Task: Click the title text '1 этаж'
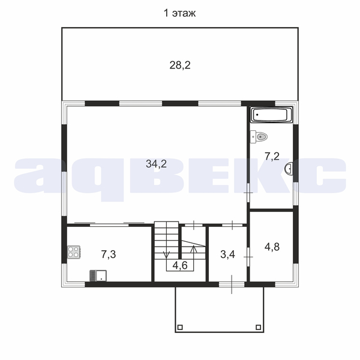[179, 13]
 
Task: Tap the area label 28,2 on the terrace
[180, 65]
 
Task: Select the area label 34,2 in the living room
[157, 164]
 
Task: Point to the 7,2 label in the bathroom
[272, 157]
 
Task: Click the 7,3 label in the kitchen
[109, 254]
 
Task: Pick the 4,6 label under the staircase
[180, 266]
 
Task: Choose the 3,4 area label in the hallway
[228, 254]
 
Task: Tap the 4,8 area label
[272, 247]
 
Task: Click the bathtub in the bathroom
[272, 115]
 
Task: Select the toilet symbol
[259, 137]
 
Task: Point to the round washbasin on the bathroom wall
[289, 169]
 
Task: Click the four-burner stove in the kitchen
[74, 252]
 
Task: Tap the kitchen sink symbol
[98, 275]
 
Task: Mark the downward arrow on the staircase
[166, 254]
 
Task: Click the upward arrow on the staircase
[194, 249]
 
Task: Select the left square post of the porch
[180, 327]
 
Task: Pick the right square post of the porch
[259, 327]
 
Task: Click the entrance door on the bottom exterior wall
[232, 284]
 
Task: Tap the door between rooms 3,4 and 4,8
[248, 257]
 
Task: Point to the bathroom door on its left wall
[248, 193]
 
